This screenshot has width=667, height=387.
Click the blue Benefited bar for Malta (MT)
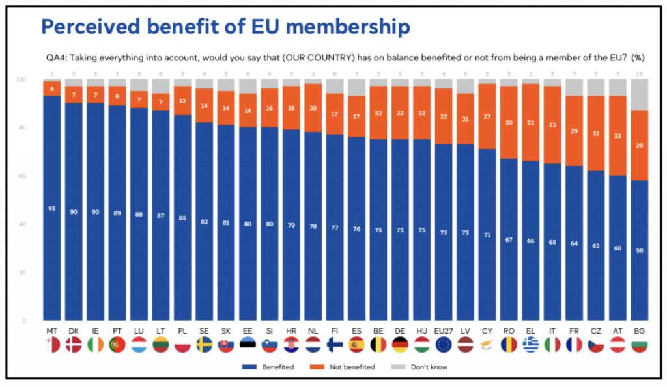51,208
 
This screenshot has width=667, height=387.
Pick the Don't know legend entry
420,367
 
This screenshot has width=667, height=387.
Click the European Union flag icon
444,344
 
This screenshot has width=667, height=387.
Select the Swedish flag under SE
205,344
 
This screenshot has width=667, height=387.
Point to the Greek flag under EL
532,344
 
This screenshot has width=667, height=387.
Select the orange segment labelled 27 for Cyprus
488,116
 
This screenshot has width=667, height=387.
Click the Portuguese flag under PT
117,344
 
